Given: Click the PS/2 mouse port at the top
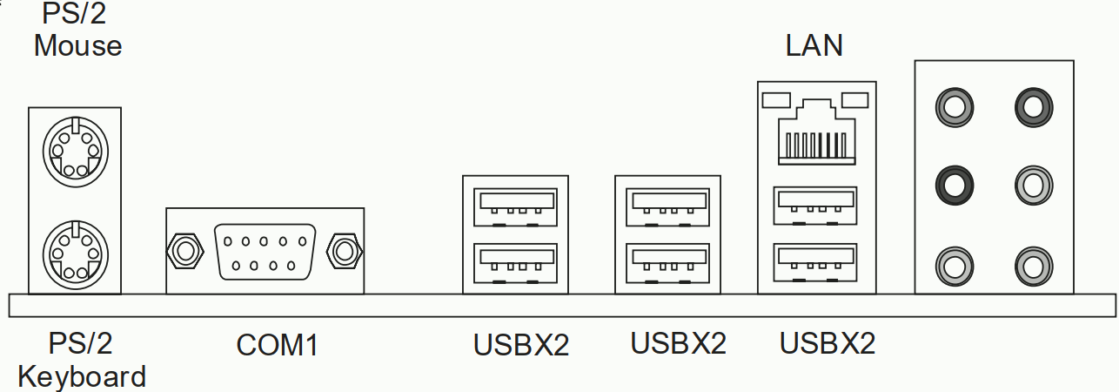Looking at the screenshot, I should pos(74,155).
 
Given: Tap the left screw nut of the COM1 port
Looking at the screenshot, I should pos(184,251).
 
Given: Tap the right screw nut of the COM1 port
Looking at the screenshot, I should pos(344,251).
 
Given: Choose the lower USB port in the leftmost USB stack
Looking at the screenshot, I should pos(515,263).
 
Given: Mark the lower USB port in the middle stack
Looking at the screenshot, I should pos(667,263).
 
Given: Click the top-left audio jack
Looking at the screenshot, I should pos(953,107).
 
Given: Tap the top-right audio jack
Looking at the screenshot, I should pos(1034,107).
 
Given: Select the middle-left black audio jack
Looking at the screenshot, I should pos(953,184).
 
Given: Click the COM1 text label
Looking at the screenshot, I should pos(278,346).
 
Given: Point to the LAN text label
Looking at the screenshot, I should pos(814,45).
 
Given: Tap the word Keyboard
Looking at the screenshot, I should pos(81,377).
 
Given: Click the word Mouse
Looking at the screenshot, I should pos(77,45).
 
